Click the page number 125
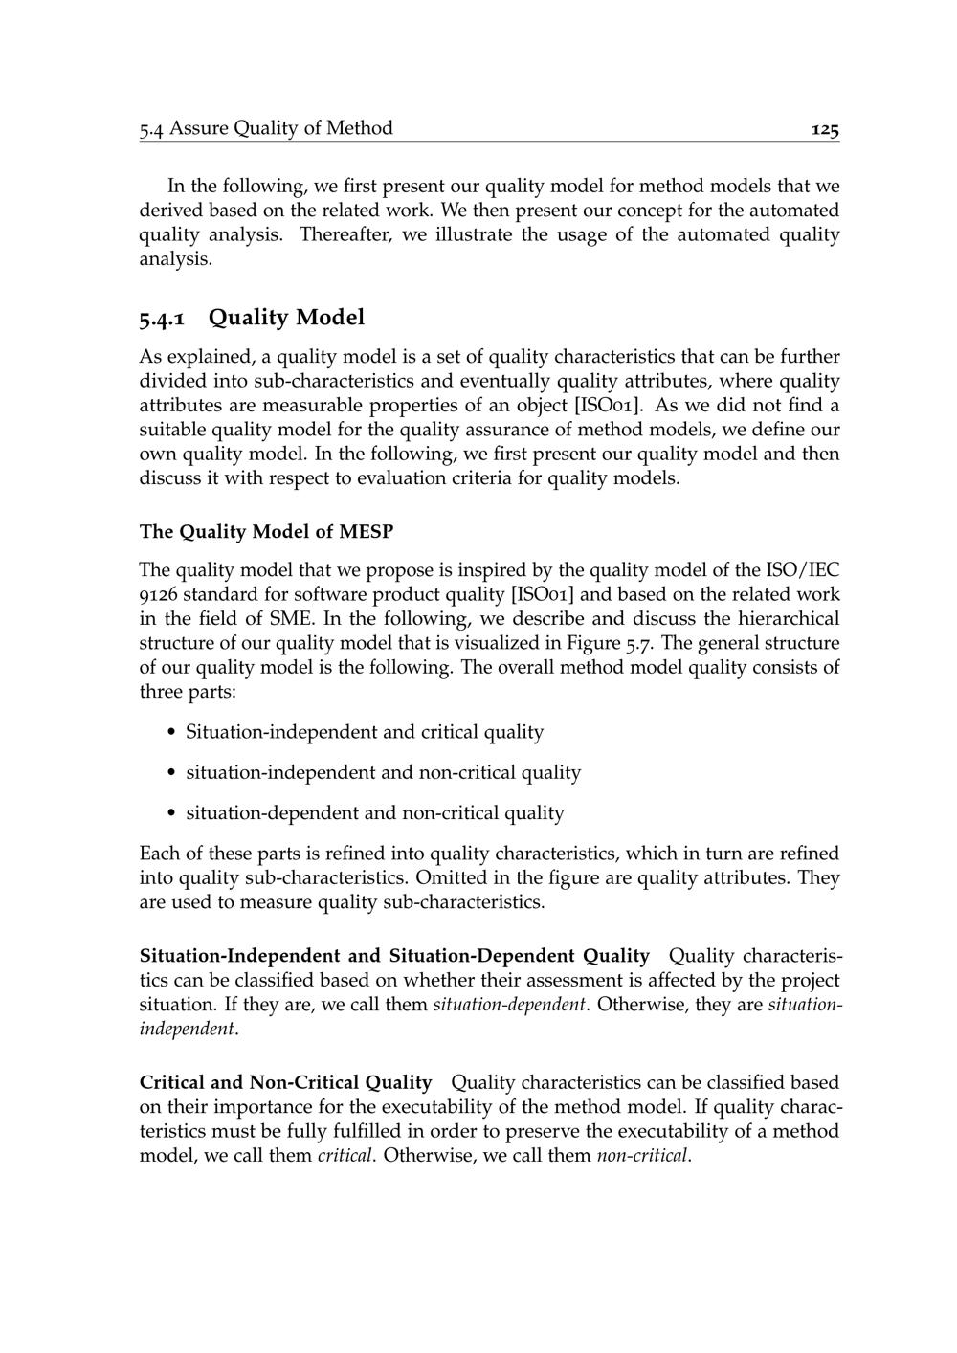coord(824,129)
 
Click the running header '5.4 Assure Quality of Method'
coord(266,128)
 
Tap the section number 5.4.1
coord(167,318)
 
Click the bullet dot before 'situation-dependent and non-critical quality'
coord(171,814)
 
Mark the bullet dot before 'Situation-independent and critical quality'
coord(171,733)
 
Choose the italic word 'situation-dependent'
coord(509,1006)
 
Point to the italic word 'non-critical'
coord(641,1156)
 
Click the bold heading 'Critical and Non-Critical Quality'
coord(285,1083)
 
